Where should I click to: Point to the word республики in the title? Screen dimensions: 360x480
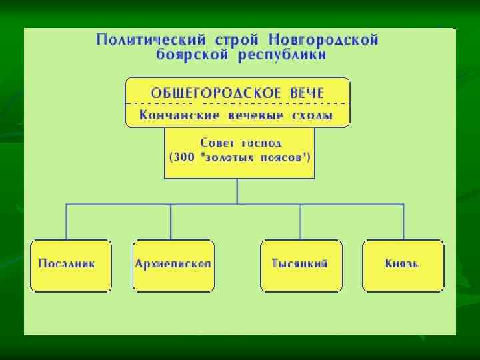tap(283, 55)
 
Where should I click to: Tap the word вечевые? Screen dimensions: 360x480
tap(253, 115)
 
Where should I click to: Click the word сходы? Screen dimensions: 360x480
tap(314, 115)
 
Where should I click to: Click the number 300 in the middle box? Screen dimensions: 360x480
tap(182, 158)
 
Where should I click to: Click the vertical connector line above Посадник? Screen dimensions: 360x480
tap(66, 221)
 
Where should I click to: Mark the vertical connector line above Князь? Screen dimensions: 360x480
tap(403, 221)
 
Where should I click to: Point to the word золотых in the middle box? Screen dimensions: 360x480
tap(229, 158)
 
